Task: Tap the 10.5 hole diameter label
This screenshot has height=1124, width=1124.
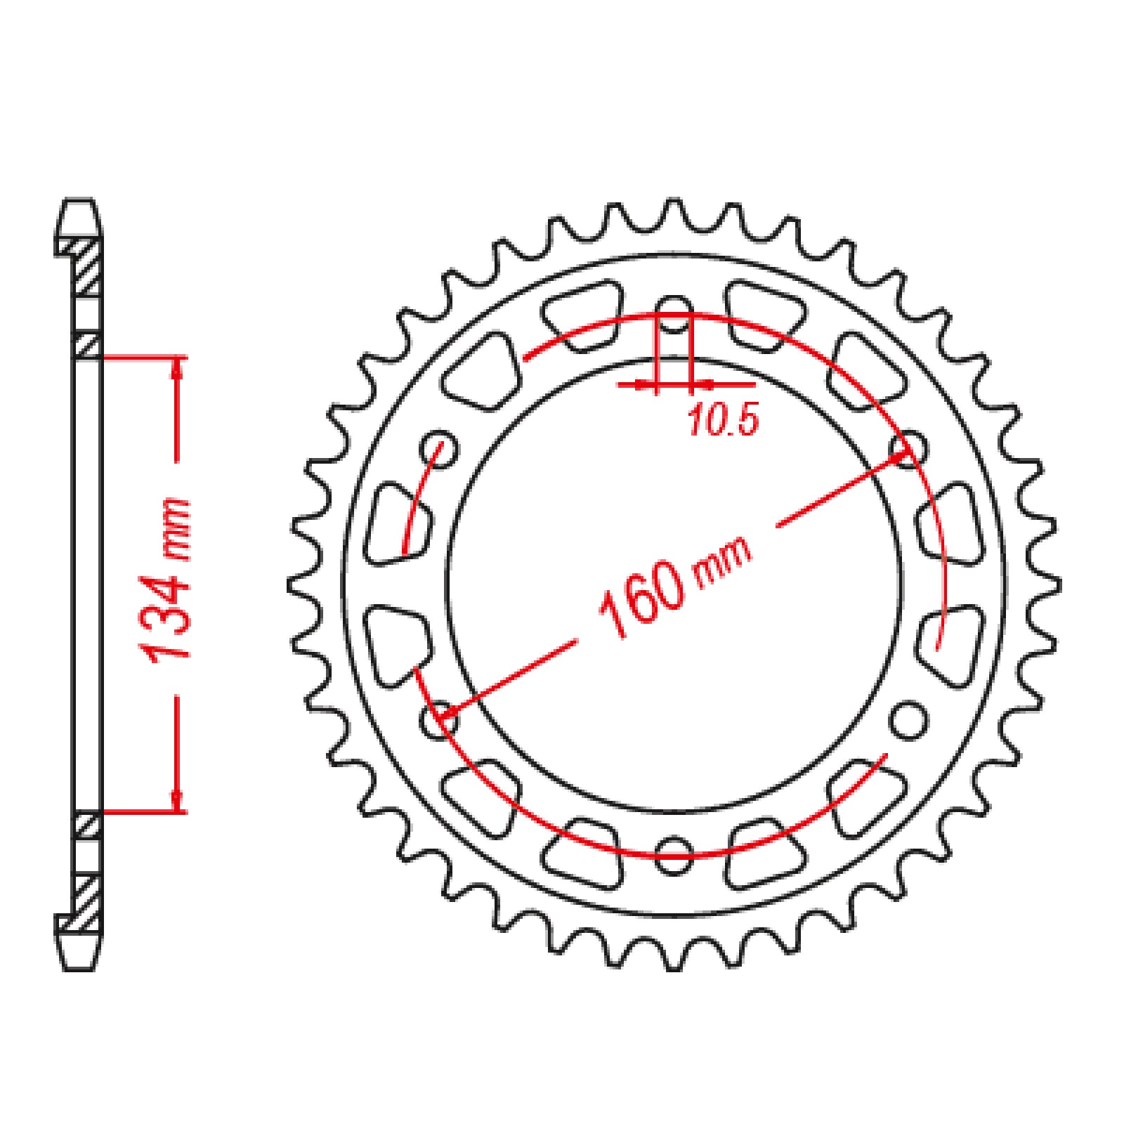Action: [722, 421]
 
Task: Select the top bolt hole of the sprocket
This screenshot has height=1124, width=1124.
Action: [674, 314]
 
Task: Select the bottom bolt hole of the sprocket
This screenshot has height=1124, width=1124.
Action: [674, 855]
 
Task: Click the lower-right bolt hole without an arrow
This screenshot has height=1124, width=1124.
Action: [908, 719]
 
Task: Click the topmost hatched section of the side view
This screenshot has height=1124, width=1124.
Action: [89, 267]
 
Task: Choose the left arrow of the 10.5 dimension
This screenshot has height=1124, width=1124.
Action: [642, 384]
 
